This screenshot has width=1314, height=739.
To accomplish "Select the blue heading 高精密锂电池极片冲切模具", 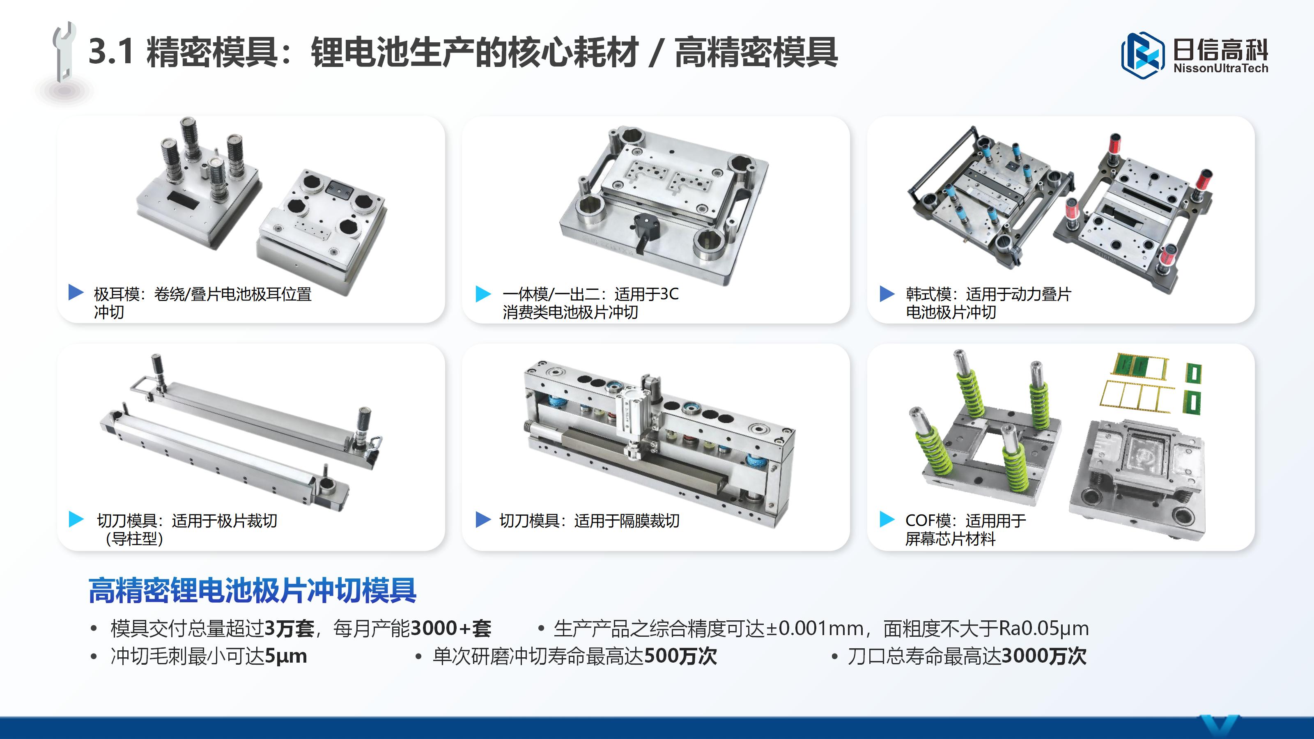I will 252,591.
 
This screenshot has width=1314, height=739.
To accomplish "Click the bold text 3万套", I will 289,628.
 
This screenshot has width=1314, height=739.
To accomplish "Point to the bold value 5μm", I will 286,656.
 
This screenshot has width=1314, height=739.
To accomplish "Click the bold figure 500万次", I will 680,656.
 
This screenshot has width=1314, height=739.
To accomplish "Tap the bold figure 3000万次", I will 1044,656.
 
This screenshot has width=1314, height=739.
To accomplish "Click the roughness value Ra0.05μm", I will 1043,628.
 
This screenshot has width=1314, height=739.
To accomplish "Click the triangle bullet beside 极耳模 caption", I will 76,292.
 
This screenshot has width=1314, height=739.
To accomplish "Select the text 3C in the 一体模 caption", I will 669,294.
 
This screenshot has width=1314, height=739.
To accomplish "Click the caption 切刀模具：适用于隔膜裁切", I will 589,521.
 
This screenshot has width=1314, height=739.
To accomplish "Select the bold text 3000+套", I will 450,628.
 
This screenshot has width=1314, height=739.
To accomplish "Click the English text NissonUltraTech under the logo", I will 1220,68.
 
